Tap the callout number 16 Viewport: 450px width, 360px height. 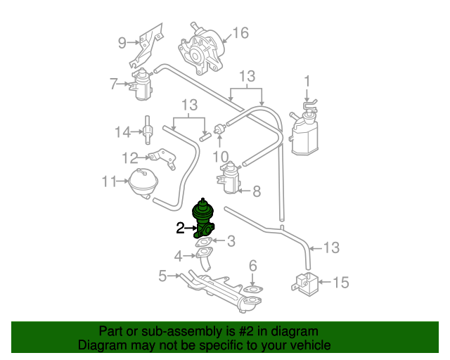(x=240, y=33)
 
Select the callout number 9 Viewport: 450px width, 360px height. (x=122, y=43)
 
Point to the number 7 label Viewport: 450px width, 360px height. (x=113, y=84)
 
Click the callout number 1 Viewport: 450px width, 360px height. (x=307, y=80)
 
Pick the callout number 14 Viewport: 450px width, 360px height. (x=123, y=131)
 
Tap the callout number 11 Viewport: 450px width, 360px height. (x=108, y=181)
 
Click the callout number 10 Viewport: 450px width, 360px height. (x=221, y=155)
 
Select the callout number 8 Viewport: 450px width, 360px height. (x=256, y=191)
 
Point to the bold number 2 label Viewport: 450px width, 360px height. (x=180, y=228)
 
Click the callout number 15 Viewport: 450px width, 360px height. (x=340, y=283)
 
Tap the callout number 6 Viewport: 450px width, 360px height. (x=253, y=266)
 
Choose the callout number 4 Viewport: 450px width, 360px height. (x=179, y=255)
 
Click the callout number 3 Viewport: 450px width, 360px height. (x=231, y=241)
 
